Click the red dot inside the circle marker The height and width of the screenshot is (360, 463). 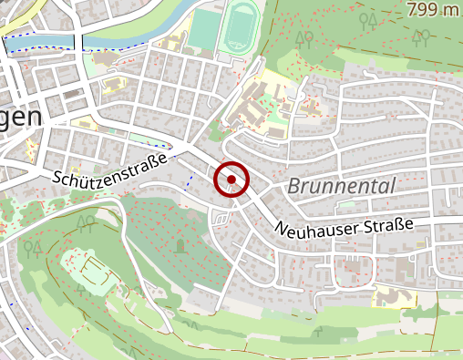click(x=231, y=180)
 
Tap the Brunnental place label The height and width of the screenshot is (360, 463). click(x=342, y=186)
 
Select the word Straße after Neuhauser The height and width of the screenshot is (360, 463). click(x=391, y=224)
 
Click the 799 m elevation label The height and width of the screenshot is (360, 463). click(x=433, y=10)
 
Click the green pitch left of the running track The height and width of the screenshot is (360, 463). click(x=203, y=29)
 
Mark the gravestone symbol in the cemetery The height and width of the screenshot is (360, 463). click(x=181, y=245)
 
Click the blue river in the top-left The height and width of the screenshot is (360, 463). click(x=46, y=41)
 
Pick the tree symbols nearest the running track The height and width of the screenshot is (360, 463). click(x=307, y=38)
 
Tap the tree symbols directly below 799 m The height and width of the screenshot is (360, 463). click(x=420, y=38)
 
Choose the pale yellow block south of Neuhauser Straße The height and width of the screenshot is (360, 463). click(x=391, y=295)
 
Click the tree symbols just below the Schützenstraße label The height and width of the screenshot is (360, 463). click(x=87, y=221)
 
